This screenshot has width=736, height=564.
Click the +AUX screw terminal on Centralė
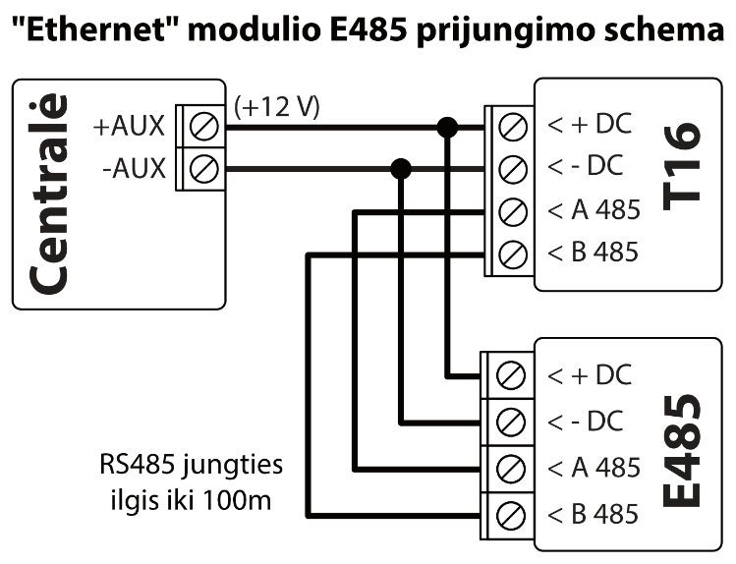205,126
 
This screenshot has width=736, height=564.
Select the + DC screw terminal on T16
510,126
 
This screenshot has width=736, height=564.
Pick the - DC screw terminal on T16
510,168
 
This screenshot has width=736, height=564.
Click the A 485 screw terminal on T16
510,210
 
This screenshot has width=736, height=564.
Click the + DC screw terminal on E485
510,375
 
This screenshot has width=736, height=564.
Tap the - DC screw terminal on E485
510,422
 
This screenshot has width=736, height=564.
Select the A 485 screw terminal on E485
510,467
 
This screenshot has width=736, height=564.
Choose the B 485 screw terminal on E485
510,513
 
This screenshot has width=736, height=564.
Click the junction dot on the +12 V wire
447,126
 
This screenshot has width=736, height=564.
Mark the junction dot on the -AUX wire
401,168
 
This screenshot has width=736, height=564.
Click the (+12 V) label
277,105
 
